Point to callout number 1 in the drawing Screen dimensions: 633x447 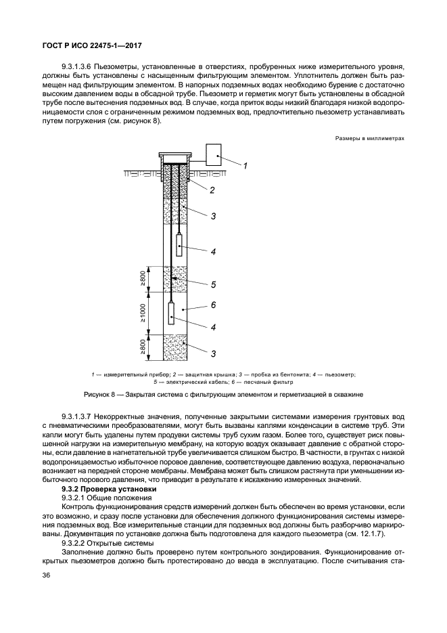(245, 167)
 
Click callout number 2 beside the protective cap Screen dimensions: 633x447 (212, 190)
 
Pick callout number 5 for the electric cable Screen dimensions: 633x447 (212, 284)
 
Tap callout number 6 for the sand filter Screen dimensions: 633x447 (212, 305)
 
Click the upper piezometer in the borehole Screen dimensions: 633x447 (179, 244)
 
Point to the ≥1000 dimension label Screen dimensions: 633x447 (143, 311)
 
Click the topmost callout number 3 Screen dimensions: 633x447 (212, 217)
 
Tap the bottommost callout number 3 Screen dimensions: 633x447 (212, 354)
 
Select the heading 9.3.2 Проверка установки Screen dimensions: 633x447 (109, 489)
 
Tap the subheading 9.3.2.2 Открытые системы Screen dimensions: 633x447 (107, 543)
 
